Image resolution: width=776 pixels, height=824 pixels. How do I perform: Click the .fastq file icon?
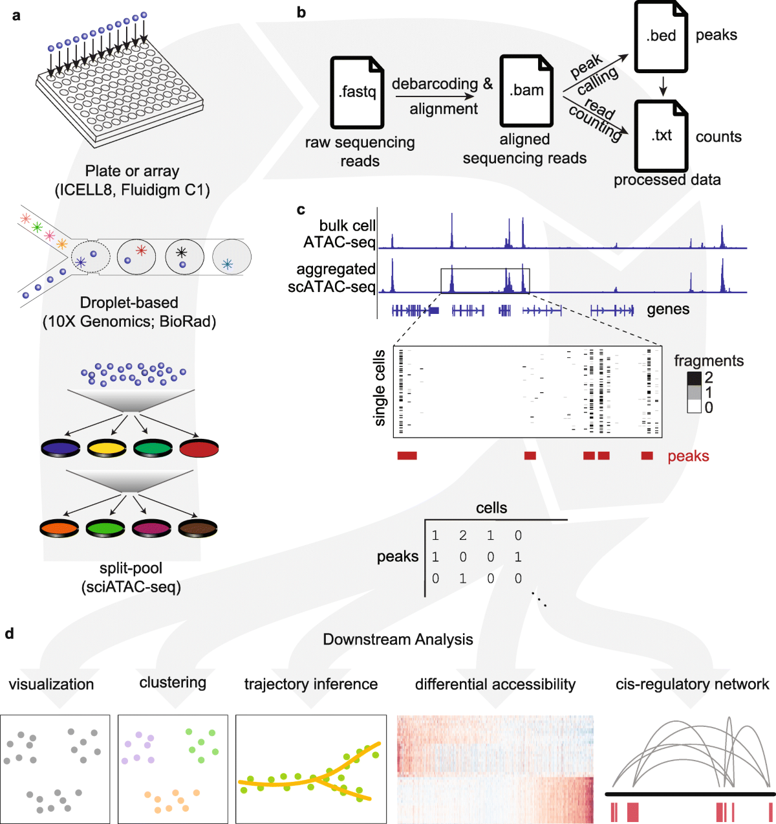pyautogui.click(x=357, y=92)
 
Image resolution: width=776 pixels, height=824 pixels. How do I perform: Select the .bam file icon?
pyautogui.click(x=526, y=90)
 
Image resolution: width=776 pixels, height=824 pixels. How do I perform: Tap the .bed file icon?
pyautogui.click(x=661, y=36)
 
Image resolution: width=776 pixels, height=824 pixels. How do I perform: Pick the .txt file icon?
pyautogui.click(x=661, y=135)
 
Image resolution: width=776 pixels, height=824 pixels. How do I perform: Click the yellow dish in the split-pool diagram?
pyautogui.click(x=107, y=447)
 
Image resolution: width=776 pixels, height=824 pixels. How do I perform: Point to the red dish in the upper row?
pyautogui.click(x=199, y=447)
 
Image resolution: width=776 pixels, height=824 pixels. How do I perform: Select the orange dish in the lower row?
pyautogui.click(x=59, y=528)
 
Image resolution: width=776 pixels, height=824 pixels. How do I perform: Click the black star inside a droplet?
pyautogui.click(x=182, y=252)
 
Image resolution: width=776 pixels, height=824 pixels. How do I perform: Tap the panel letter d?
pyautogui.click(x=9, y=634)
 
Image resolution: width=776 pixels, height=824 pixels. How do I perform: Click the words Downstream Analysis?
pyautogui.click(x=398, y=640)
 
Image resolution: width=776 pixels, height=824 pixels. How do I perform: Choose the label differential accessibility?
pyautogui.click(x=495, y=684)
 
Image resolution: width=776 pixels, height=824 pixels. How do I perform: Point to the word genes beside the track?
pyautogui.click(x=668, y=309)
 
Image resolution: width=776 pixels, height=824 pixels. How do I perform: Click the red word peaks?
pyautogui.click(x=688, y=456)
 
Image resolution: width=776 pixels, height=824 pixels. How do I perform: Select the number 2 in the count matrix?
pyautogui.click(x=462, y=535)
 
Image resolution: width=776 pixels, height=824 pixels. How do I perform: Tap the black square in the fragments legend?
pyautogui.click(x=694, y=378)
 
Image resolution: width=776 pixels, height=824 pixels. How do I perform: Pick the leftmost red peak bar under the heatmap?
pyautogui.click(x=407, y=456)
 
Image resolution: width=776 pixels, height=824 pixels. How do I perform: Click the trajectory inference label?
pyautogui.click(x=310, y=684)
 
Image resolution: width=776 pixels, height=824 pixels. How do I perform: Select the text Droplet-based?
pyautogui.click(x=129, y=302)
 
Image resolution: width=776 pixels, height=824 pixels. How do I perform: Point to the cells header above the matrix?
pyautogui.click(x=491, y=508)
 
